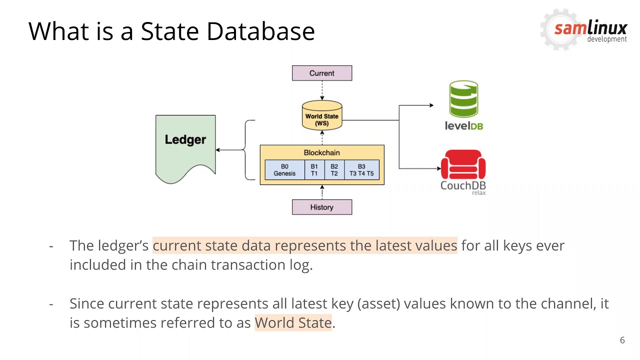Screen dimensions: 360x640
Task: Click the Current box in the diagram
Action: click(321, 73)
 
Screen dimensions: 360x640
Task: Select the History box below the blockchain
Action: click(321, 207)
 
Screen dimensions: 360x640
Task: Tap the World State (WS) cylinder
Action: click(322, 116)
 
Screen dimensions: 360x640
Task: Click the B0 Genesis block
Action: click(284, 170)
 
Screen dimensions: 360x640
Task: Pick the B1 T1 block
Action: click(314, 170)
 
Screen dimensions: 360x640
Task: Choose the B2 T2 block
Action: click(334, 170)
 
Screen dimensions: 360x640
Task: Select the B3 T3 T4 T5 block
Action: click(361, 170)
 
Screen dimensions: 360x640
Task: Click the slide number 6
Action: click(622, 340)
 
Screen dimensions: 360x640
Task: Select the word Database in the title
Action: click(260, 31)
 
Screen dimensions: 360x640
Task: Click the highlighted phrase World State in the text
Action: click(293, 322)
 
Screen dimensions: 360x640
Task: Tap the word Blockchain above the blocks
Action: click(321, 152)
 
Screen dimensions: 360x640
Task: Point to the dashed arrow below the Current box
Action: click(322, 90)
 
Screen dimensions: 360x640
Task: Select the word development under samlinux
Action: click(606, 39)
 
